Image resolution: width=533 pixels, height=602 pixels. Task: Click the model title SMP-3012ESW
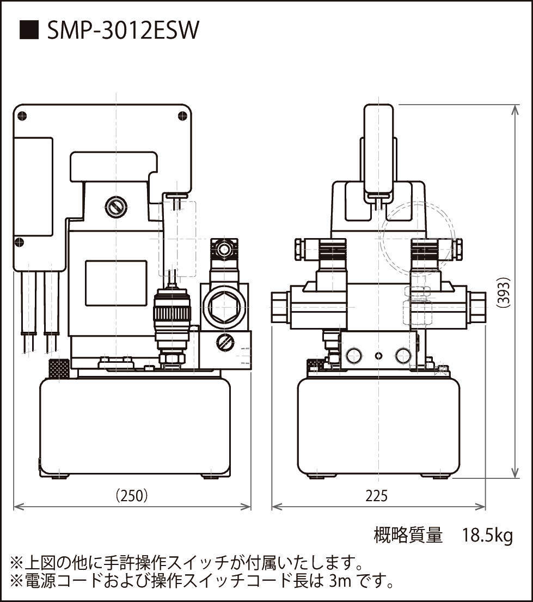click(x=123, y=31)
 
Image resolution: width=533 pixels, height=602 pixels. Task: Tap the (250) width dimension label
click(x=132, y=496)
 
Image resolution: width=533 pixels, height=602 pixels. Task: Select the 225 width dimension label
click(x=377, y=496)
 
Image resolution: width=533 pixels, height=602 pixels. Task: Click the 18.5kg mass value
click(x=487, y=536)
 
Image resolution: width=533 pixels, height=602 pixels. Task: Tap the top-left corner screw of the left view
click(x=22, y=114)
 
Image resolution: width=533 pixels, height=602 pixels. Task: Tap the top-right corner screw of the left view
click(x=183, y=114)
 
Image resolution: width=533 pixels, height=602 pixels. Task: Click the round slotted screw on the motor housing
click(x=116, y=206)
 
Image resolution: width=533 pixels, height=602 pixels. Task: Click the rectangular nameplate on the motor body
click(x=116, y=283)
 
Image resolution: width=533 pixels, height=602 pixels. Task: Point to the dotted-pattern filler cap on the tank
click(x=59, y=369)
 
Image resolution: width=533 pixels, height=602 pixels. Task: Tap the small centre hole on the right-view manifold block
click(x=379, y=356)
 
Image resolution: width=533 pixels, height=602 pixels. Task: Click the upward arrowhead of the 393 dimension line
click(x=515, y=108)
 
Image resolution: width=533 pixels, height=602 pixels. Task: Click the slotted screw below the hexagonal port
click(x=225, y=343)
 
